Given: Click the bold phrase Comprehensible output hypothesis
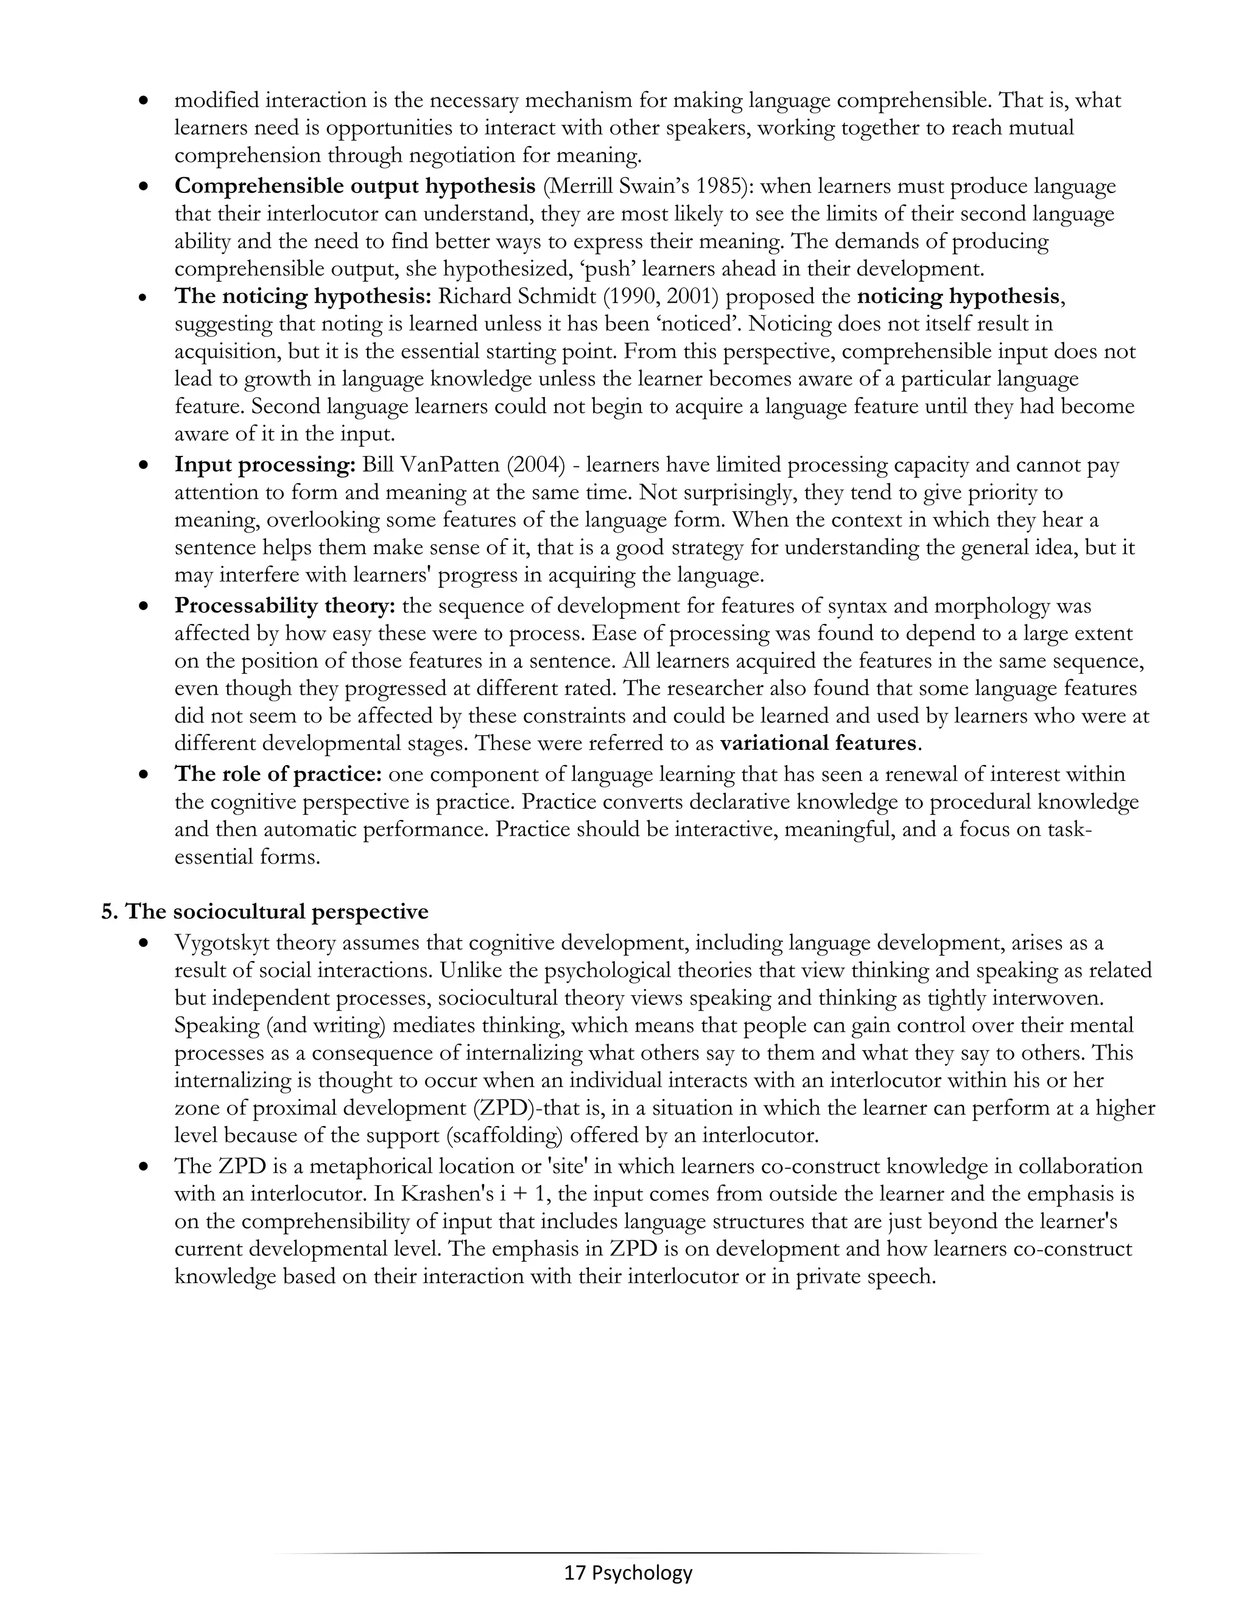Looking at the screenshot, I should [x=354, y=186].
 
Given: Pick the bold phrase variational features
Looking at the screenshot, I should [x=818, y=743].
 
